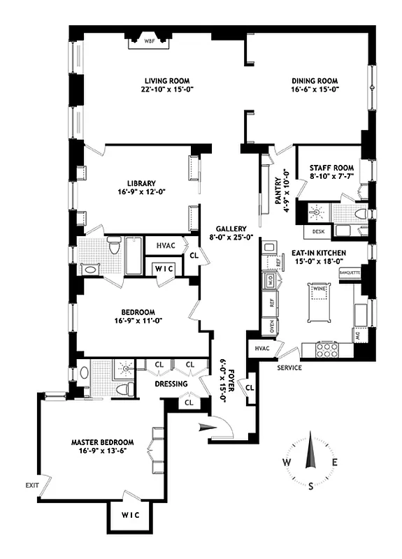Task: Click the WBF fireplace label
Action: click(x=149, y=41)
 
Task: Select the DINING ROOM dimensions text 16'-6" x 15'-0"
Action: click(x=315, y=89)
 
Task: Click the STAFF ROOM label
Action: click(x=331, y=168)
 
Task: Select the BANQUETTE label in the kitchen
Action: click(x=349, y=272)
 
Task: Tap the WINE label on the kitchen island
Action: click(x=319, y=288)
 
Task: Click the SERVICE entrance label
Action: click(x=289, y=368)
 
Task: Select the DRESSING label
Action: click(x=171, y=384)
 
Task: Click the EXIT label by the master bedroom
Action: click(x=32, y=484)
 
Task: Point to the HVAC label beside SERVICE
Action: click(x=262, y=348)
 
